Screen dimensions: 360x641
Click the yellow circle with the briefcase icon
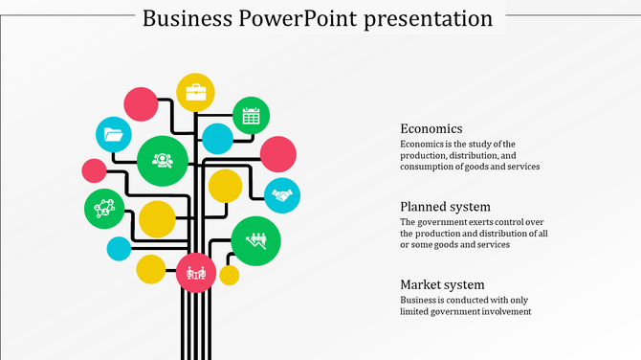[x=195, y=93]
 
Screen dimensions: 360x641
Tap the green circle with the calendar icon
[x=251, y=116]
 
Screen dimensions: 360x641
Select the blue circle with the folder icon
[x=113, y=135]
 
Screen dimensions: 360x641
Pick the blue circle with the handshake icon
[x=281, y=195]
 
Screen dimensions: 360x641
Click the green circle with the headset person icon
[x=162, y=160]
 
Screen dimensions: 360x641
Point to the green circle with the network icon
[x=103, y=208]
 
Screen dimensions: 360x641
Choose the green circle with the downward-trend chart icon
[x=255, y=240]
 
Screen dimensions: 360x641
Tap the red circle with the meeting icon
[x=196, y=272]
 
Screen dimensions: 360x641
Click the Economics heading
[x=431, y=128]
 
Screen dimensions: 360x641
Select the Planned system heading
[x=446, y=207]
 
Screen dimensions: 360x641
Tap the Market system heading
[x=442, y=284]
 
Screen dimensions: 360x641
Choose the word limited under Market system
[x=417, y=311]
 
